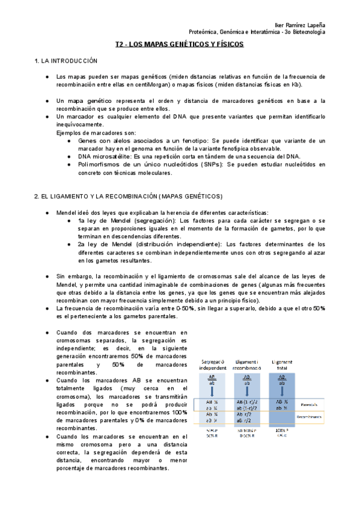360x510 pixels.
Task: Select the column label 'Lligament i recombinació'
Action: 247,364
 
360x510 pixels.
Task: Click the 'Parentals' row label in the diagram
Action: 311,404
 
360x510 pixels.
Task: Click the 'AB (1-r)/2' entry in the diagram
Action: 247,401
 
